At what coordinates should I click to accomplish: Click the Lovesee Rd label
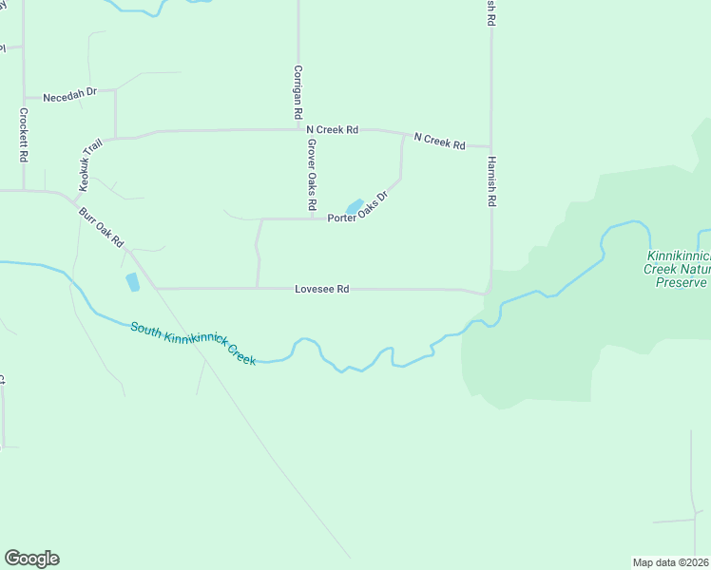point(322,289)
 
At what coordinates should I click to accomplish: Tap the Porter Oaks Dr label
point(358,211)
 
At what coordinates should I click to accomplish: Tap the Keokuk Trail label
point(91,162)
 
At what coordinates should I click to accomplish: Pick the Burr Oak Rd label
point(103,227)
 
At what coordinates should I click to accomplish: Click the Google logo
point(31,559)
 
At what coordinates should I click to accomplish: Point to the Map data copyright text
point(671,561)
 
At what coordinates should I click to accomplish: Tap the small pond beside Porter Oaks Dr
point(354,206)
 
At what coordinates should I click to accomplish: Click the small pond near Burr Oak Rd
point(132,281)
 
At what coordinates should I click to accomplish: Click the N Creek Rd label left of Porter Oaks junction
point(331,129)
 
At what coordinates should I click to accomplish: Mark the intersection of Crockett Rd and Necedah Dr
point(24,97)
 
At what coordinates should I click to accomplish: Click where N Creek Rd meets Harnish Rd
point(491,148)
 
